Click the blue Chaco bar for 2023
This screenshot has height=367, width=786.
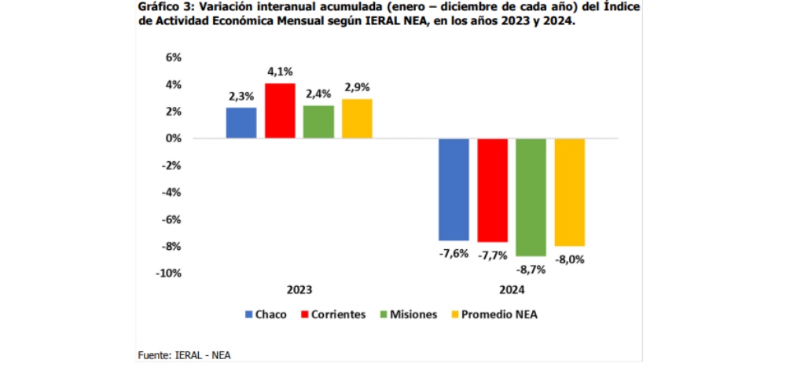pyautogui.click(x=241, y=123)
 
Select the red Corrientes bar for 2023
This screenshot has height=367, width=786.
pyautogui.click(x=280, y=111)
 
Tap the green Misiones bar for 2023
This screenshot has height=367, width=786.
pyautogui.click(x=318, y=122)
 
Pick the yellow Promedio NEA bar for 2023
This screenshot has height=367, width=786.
pyautogui.click(x=357, y=119)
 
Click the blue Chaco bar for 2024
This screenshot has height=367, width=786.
pyautogui.click(x=454, y=189)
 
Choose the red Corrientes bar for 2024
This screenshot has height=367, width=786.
pyautogui.click(x=493, y=190)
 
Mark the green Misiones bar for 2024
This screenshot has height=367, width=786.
pyautogui.click(x=531, y=197)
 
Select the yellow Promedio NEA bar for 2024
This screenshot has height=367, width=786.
pyautogui.click(x=570, y=193)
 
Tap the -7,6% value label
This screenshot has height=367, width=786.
pyautogui.click(x=454, y=253)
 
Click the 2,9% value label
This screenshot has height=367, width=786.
pyautogui.click(x=357, y=88)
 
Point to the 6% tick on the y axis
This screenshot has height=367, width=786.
pyautogui.click(x=173, y=57)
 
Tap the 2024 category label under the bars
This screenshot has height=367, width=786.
pyautogui.click(x=512, y=289)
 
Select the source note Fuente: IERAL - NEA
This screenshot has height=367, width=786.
pyautogui.click(x=185, y=354)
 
